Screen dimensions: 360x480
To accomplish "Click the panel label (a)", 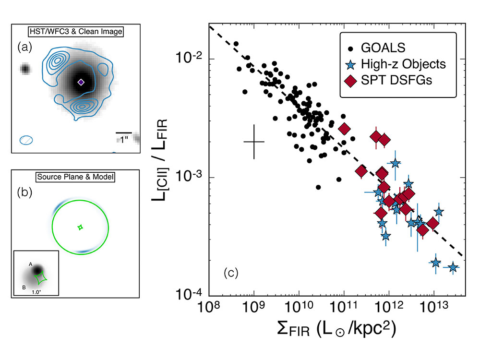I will click(x=24, y=47).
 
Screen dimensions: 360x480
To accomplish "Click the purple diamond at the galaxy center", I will click(x=81, y=83).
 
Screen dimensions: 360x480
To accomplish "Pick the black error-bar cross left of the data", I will click(x=254, y=142).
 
